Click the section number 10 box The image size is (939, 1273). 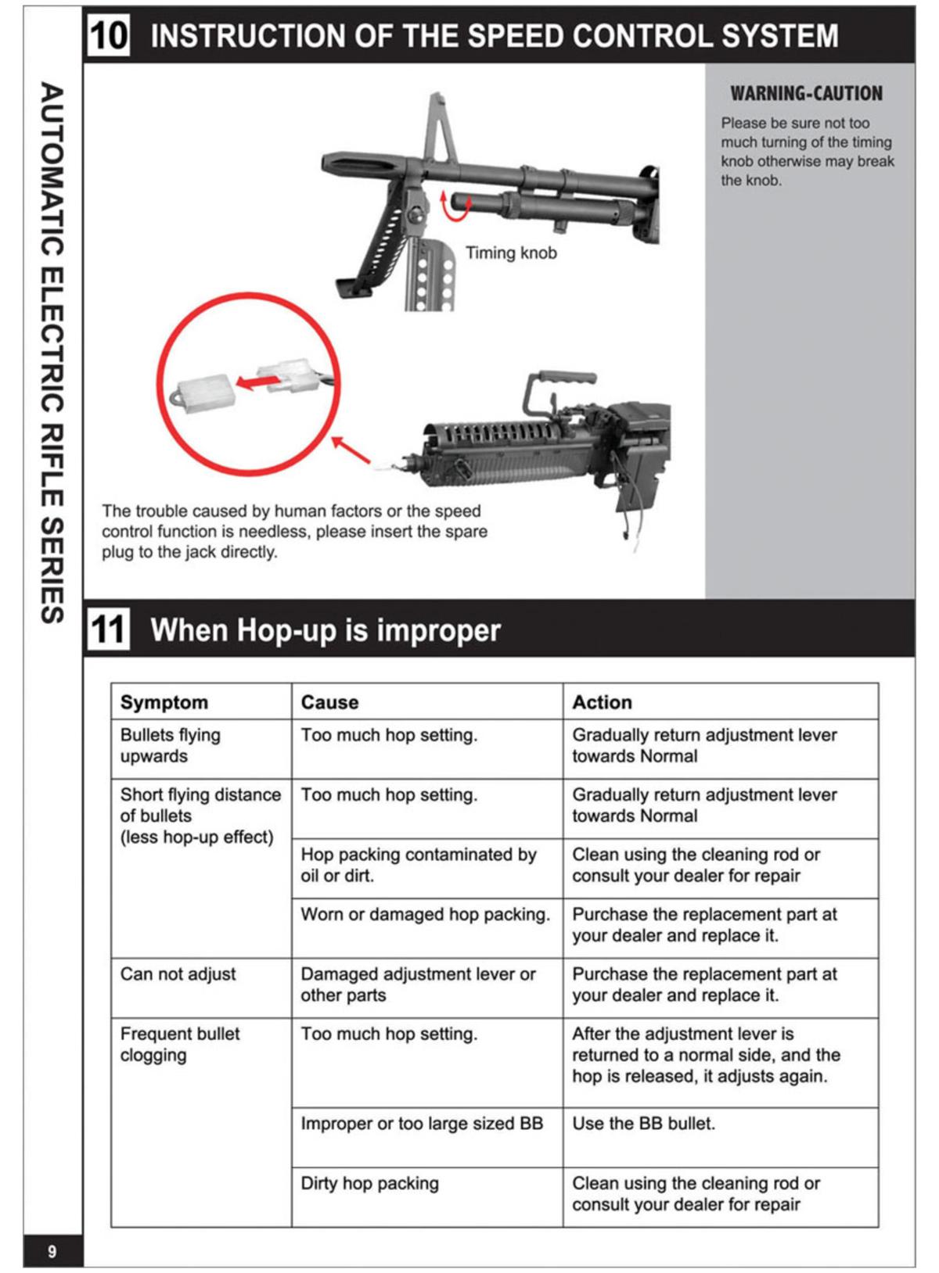pyautogui.click(x=108, y=35)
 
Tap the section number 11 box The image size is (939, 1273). pyautogui.click(x=108, y=629)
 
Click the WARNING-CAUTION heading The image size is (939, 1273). pyautogui.click(x=806, y=94)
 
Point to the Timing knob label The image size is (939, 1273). pyautogui.click(x=511, y=253)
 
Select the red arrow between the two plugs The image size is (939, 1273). pyautogui.click(x=257, y=382)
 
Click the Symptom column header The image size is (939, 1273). pyautogui.click(x=164, y=702)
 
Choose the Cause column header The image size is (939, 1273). pyautogui.click(x=329, y=702)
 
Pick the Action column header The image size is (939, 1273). pyautogui.click(x=602, y=702)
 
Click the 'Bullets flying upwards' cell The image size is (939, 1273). pyautogui.click(x=171, y=745)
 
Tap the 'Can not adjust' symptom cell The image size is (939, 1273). pyautogui.click(x=178, y=974)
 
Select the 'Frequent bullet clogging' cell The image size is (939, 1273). pyautogui.click(x=179, y=1044)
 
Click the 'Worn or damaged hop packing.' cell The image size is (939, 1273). pyautogui.click(x=425, y=914)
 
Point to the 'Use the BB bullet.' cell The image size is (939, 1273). pyautogui.click(x=643, y=1124)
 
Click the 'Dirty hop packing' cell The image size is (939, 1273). pyautogui.click(x=369, y=1183)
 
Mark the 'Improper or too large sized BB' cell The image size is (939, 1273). pyautogui.click(x=422, y=1124)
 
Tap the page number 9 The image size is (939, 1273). pyautogui.click(x=52, y=1251)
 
